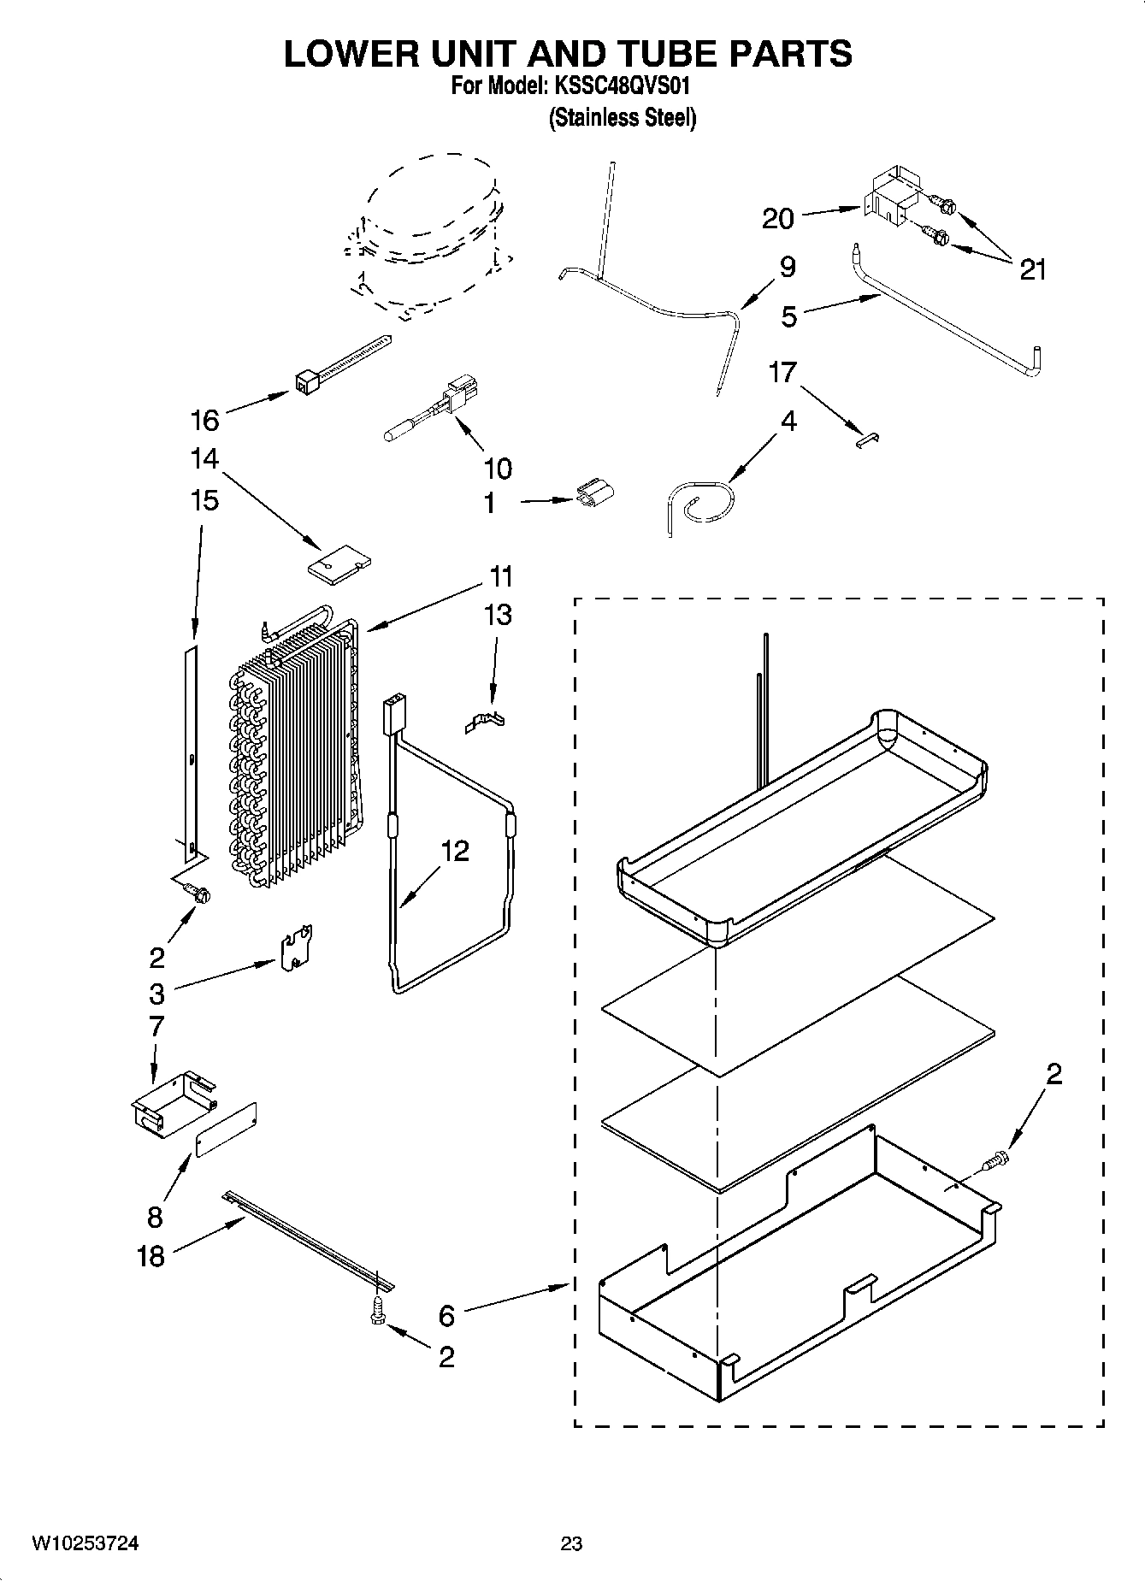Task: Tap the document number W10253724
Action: (86, 1543)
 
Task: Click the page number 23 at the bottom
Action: (571, 1543)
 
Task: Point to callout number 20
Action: (778, 219)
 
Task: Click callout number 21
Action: (1033, 270)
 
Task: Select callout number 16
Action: (205, 420)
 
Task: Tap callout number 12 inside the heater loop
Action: (455, 851)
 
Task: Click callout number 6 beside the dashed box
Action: (446, 1315)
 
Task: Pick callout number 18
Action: (151, 1256)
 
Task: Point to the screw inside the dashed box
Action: (997, 1160)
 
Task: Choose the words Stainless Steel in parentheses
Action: (622, 117)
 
